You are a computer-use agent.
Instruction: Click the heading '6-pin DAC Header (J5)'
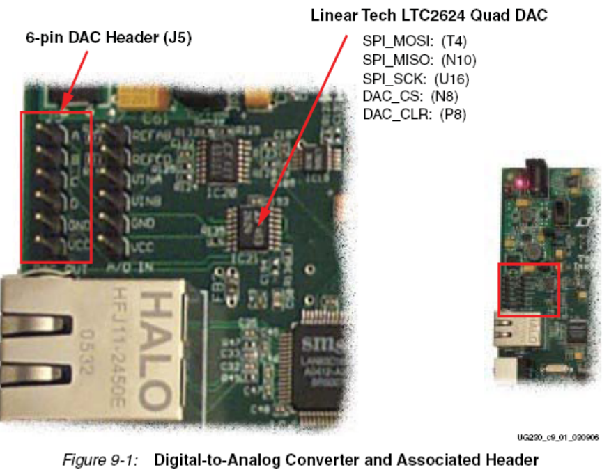tap(109, 39)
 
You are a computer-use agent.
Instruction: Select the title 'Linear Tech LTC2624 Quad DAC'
tap(429, 15)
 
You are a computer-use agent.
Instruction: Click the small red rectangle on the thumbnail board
tap(529, 290)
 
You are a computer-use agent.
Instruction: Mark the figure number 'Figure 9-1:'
tap(105, 459)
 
